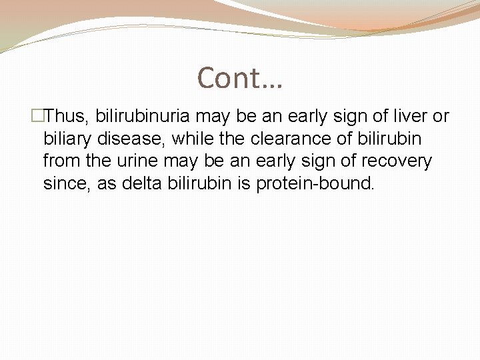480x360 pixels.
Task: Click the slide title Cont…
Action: (240, 78)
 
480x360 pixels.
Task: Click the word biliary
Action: (67, 139)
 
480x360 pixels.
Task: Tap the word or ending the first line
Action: (441, 117)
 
